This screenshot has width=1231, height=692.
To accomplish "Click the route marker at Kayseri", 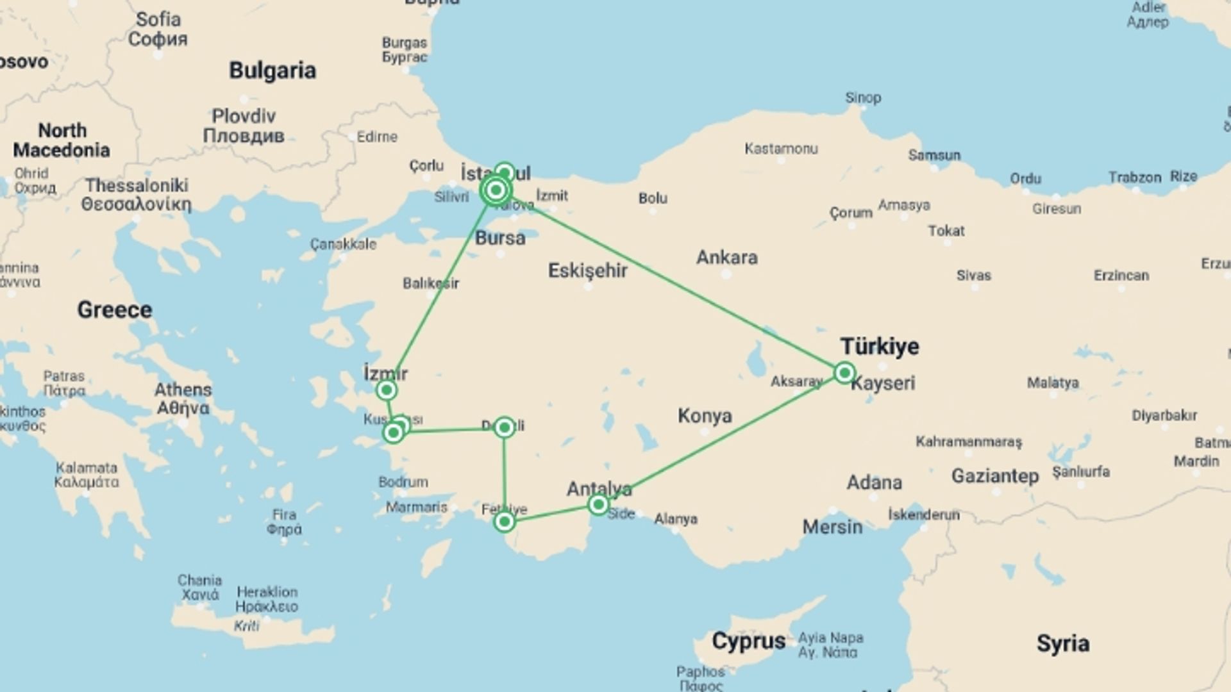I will pyautogui.click(x=844, y=372).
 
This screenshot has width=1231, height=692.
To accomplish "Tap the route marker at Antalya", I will pyautogui.click(x=598, y=505).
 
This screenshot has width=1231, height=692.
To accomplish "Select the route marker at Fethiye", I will pyautogui.click(x=505, y=522).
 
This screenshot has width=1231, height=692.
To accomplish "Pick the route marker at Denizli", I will pyautogui.click(x=505, y=427).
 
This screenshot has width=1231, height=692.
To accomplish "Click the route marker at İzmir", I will pyautogui.click(x=386, y=390).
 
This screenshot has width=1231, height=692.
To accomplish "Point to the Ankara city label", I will pyautogui.click(x=727, y=258).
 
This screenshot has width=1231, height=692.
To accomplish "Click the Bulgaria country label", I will pyautogui.click(x=272, y=70).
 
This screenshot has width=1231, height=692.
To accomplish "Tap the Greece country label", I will pyautogui.click(x=115, y=310).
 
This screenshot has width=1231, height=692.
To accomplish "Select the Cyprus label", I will pyautogui.click(x=748, y=641).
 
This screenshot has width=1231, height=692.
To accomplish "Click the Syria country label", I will pyautogui.click(x=1062, y=643).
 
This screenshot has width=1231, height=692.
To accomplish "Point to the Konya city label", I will pyautogui.click(x=705, y=416).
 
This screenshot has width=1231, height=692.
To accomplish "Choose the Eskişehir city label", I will pyautogui.click(x=587, y=270).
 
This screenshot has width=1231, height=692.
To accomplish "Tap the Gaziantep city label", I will pyautogui.click(x=994, y=476).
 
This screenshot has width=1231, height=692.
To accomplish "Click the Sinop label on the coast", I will pyautogui.click(x=863, y=98).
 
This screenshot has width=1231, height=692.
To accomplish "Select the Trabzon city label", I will pyautogui.click(x=1135, y=177).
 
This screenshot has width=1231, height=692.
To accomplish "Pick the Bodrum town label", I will pyautogui.click(x=403, y=482).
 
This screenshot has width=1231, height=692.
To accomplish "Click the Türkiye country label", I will pyautogui.click(x=880, y=347).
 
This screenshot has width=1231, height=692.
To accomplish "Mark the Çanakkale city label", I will pyautogui.click(x=343, y=244).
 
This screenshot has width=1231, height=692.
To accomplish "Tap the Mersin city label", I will pyautogui.click(x=832, y=527).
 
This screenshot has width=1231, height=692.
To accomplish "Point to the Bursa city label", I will pyautogui.click(x=500, y=238).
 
